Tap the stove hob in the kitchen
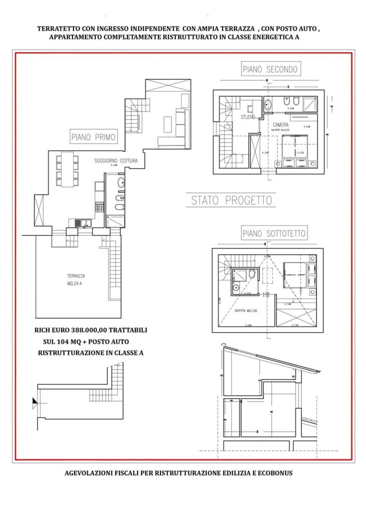98,207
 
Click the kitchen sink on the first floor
82,223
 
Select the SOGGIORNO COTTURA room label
115,161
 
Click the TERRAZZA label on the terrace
65,276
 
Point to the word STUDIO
248,117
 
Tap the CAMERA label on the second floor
282,125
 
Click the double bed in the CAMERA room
295,148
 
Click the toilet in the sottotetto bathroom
251,275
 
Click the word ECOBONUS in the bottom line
279,472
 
